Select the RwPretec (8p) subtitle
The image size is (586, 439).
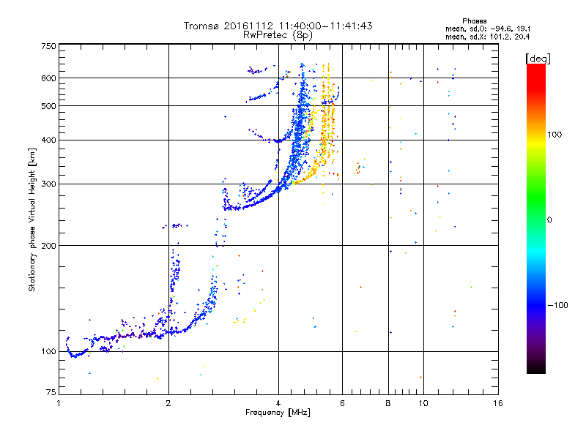pos(278,35)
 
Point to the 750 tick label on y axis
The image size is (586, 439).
pos(48,46)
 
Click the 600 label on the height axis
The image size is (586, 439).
pos(48,78)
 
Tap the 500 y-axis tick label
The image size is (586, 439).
pos(48,106)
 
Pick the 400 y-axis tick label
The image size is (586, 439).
pos(48,140)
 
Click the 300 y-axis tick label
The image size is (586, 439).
pos(48,184)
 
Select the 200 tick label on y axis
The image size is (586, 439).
pos(48,246)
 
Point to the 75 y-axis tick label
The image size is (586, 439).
pos(51,392)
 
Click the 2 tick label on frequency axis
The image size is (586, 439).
pos(168,403)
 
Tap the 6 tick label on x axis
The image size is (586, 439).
pos(342,403)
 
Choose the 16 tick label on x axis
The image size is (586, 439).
pos(498,403)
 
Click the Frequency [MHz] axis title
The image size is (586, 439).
pos(278,413)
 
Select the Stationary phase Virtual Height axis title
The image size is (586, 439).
pos(31,220)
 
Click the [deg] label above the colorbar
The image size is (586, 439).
pos(538,59)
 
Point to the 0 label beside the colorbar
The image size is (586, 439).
pos(549,219)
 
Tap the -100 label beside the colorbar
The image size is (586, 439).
pos(558,305)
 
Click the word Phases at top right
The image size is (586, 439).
pos(474,21)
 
